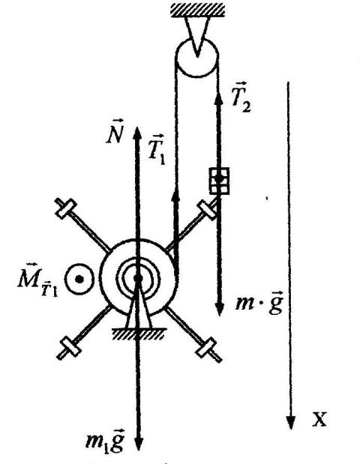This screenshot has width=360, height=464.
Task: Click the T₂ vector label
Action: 241,97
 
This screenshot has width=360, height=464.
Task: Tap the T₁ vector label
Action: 157,149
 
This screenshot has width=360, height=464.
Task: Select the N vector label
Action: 115,131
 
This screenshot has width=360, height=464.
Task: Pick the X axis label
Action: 319,419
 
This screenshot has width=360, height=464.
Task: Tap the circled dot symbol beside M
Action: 79,279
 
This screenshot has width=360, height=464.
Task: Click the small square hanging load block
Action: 219,181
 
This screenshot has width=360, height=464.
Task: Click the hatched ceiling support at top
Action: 197,10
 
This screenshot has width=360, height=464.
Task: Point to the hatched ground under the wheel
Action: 138,334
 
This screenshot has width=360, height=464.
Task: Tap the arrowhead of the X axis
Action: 291,423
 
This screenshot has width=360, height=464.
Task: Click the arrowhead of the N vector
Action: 137,133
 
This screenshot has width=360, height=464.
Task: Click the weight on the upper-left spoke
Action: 66,208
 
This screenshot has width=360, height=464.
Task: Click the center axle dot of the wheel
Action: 138,278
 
